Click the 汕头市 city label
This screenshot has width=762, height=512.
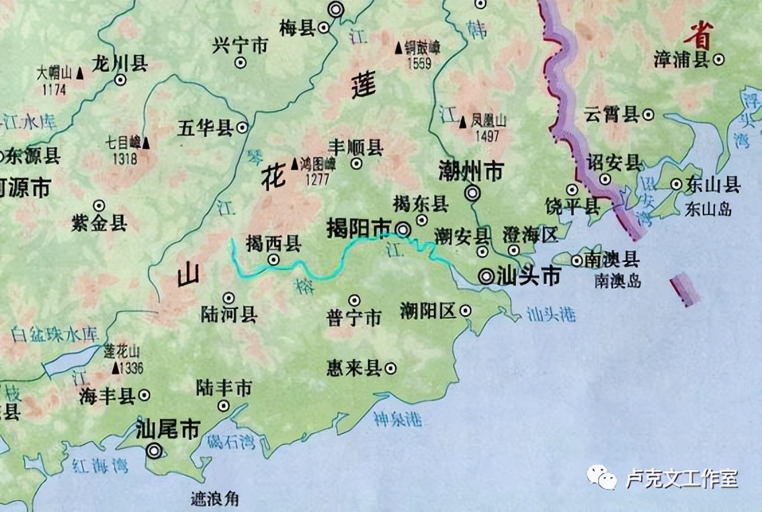(529, 275)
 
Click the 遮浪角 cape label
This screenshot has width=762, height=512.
(214, 499)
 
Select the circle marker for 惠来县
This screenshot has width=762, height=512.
(390, 368)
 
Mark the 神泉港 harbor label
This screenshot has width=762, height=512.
(398, 419)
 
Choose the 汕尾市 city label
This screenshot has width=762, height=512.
(167, 429)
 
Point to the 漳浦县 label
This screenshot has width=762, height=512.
(681, 59)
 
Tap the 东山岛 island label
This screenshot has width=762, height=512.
(708, 209)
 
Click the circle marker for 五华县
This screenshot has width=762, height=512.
(242, 127)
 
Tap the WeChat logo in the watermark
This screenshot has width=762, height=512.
(601, 478)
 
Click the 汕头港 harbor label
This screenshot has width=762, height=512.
(552, 314)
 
